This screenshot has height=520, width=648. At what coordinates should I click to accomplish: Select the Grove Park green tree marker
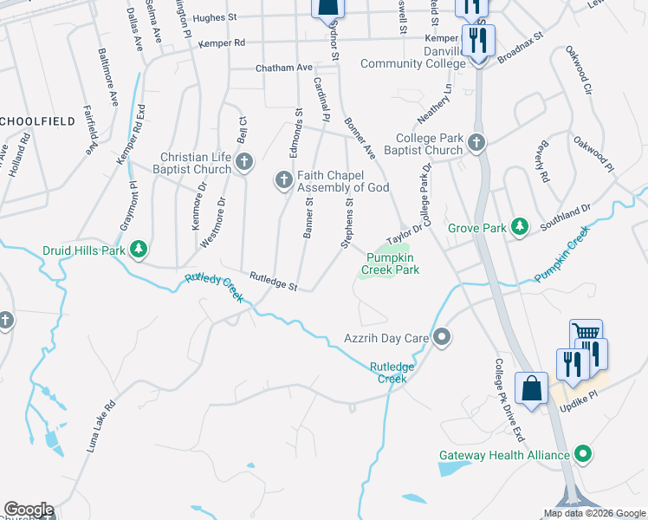coord(519,227)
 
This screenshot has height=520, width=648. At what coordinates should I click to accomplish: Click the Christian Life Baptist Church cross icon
coord(245,161)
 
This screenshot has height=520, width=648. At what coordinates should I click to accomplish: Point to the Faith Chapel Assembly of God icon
coord(282,180)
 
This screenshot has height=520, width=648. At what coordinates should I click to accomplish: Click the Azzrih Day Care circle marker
coord(442,335)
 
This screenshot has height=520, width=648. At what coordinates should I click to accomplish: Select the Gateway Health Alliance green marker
coord(584,454)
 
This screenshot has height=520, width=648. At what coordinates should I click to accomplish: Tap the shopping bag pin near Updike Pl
coord(530,388)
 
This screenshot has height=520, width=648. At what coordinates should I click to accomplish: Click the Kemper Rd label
coord(222,42)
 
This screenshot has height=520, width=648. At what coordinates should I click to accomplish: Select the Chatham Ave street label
coord(283,68)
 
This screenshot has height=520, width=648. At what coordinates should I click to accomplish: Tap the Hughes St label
coord(215,17)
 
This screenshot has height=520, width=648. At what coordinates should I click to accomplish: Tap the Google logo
coord(28,510)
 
